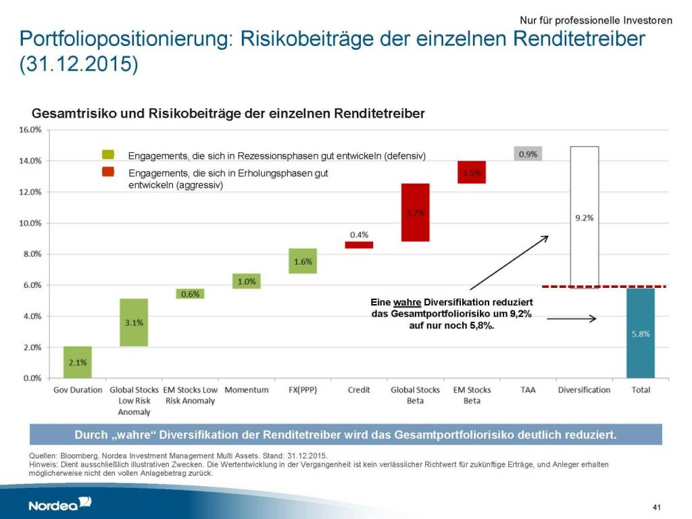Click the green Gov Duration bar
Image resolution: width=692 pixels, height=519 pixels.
[x=78, y=362]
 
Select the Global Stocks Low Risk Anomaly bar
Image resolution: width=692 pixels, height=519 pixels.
[x=134, y=322]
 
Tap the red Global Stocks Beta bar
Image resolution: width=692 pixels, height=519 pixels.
[x=415, y=212]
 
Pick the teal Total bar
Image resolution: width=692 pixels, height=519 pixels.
[x=640, y=333]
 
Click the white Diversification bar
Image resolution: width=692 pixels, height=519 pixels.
[x=584, y=217]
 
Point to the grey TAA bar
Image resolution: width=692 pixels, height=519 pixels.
[x=528, y=153]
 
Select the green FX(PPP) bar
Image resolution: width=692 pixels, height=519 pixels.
[x=302, y=261]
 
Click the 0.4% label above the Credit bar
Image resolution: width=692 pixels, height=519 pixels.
[x=359, y=235]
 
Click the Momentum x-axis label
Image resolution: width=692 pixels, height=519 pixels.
[x=246, y=390]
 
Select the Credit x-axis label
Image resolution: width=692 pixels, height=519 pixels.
[x=359, y=390]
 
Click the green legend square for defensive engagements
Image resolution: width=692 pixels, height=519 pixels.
[x=108, y=155]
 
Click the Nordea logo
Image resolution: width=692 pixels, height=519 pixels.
[x=59, y=504]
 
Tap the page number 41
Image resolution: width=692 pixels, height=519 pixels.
[x=656, y=506]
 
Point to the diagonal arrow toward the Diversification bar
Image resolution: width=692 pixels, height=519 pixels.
[x=510, y=262]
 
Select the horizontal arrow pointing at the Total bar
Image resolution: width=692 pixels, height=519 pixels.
[x=571, y=319]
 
